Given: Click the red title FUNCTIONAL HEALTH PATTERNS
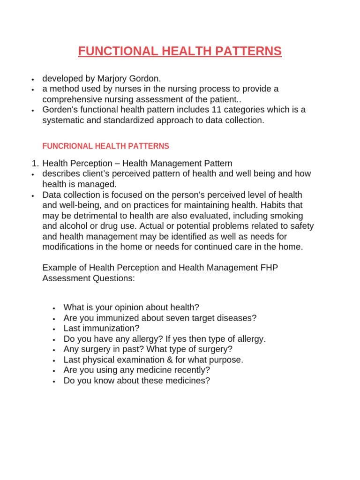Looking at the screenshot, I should tap(180, 51).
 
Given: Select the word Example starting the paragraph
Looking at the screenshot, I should tap(59, 267).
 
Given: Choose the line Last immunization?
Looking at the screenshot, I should tap(102, 328).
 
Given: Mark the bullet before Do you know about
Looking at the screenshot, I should tap(55, 381).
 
